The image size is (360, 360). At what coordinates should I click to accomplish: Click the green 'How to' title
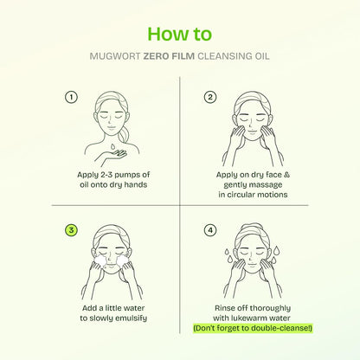[x=179, y=34]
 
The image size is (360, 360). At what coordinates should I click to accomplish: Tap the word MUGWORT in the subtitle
[x=115, y=56]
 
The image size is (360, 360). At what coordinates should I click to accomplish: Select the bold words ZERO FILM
[x=169, y=56]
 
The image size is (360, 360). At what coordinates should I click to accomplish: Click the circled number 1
[x=71, y=97]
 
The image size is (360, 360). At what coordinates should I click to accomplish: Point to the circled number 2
[x=210, y=97]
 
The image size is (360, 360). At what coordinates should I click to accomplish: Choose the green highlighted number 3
[x=71, y=230]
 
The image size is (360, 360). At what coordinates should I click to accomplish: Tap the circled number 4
[x=210, y=230]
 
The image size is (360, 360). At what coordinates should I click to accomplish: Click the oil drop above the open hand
[x=112, y=146]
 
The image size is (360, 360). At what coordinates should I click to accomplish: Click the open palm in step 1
[x=114, y=155]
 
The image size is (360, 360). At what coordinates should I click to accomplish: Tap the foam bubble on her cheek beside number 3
[x=100, y=260]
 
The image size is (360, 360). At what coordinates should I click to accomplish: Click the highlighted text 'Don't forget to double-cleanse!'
[x=253, y=328]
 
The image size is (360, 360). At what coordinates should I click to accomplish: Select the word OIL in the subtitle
[x=262, y=56]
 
